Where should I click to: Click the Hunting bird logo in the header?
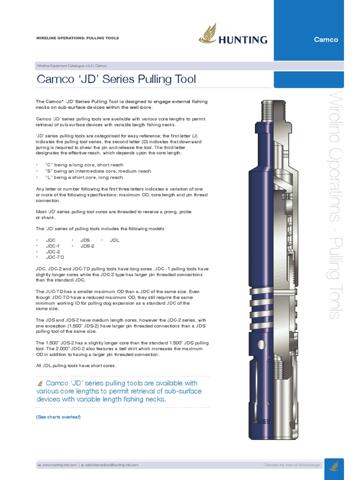pyautogui.click(x=207, y=34)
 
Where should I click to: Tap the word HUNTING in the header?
pyautogui.click(x=242, y=40)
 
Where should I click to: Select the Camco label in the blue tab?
pyautogui.click(x=326, y=39)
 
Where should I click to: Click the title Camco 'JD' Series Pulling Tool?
pyautogui.click(x=116, y=79)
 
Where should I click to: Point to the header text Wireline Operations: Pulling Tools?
pyautogui.click(x=77, y=38)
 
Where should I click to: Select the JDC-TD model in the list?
pyautogui.click(x=54, y=257)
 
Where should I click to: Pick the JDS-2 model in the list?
pyautogui.click(x=87, y=246)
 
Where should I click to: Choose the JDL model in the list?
pyautogui.click(x=115, y=240)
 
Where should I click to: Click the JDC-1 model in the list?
pyautogui.click(x=52, y=246)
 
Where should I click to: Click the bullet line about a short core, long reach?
pyautogui.click(x=84, y=177)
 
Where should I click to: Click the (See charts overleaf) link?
pyautogui.click(x=58, y=417)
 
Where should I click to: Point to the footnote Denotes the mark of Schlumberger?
pyautogui.click(x=292, y=465)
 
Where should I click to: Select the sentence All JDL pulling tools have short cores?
pyautogui.click(x=75, y=366)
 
